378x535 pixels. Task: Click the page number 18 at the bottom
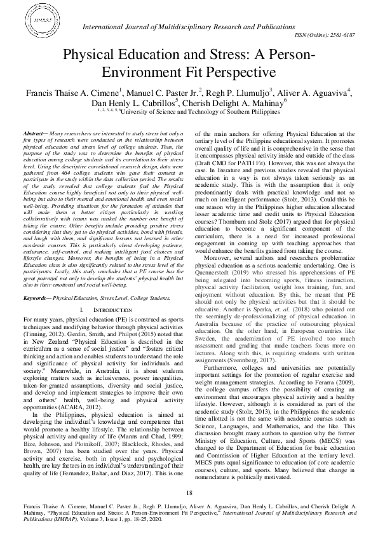tap(189, 492)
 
